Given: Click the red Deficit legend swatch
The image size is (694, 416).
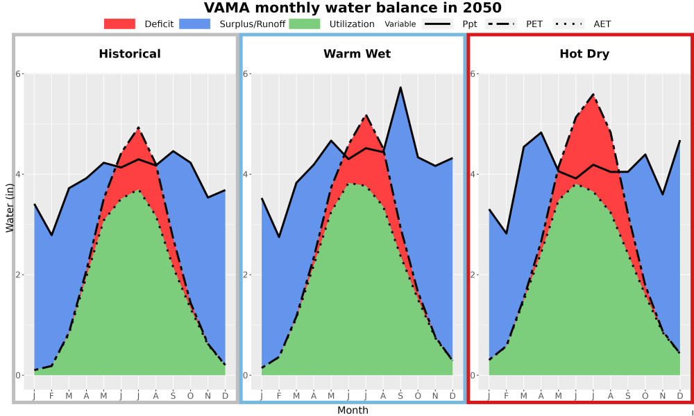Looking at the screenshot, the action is pyautogui.click(x=119, y=24).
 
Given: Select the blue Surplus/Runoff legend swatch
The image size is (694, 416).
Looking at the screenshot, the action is pyautogui.click(x=195, y=24).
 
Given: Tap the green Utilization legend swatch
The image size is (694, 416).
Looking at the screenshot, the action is pyautogui.click(x=305, y=24).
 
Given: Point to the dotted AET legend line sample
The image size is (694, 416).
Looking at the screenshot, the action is pyautogui.click(x=569, y=24).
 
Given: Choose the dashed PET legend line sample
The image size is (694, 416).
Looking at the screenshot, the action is pyautogui.click(x=501, y=24).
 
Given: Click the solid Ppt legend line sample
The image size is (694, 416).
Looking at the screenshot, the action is pyautogui.click(x=437, y=24).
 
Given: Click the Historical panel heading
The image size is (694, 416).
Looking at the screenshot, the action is pyautogui.click(x=130, y=54).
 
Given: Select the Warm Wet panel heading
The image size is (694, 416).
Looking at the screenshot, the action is pyautogui.click(x=357, y=54).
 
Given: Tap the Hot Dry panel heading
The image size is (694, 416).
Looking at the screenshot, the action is pyautogui.click(x=584, y=54).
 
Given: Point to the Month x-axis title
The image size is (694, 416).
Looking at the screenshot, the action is pyautogui.click(x=353, y=410).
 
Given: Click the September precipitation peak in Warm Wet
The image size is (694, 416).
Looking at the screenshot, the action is pyautogui.click(x=400, y=87).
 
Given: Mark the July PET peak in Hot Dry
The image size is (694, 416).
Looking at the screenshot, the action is pyautogui.click(x=593, y=94).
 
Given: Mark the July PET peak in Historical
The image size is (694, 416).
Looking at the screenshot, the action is pyautogui.click(x=139, y=128).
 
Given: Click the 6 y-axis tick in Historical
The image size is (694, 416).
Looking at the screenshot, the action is pyautogui.click(x=19, y=73).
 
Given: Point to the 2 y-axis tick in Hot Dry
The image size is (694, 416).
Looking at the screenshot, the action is pyautogui.click(x=473, y=275).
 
